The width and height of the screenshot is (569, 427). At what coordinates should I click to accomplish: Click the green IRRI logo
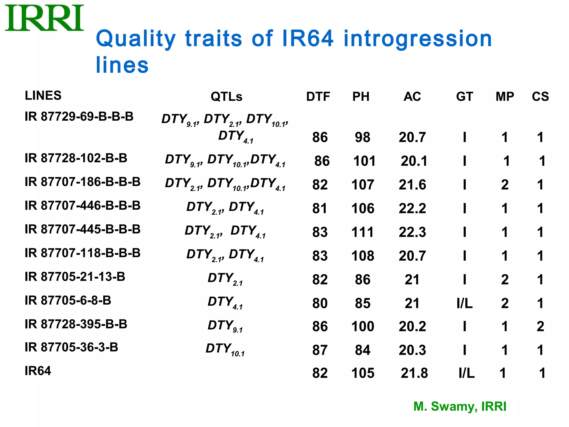[x=44, y=18]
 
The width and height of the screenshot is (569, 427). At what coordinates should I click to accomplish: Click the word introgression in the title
[x=418, y=39]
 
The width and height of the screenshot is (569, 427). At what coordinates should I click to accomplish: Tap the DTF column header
[x=318, y=97]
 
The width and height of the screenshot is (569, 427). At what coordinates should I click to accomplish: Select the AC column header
[x=412, y=97]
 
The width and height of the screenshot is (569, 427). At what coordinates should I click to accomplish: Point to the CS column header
[x=540, y=97]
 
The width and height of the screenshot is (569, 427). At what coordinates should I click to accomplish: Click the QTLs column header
[x=226, y=97]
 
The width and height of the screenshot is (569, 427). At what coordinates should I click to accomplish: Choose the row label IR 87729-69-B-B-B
[x=79, y=116]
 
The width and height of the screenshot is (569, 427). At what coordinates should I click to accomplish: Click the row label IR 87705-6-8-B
[x=68, y=301]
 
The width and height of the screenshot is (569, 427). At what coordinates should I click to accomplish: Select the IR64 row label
[x=38, y=371]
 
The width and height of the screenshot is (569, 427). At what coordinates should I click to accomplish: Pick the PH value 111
[x=363, y=232]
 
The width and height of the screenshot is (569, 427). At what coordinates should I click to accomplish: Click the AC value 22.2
[x=412, y=208]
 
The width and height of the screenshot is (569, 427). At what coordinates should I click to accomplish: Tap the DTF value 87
[x=320, y=350]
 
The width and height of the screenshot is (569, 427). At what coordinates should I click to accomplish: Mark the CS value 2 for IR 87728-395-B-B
[x=540, y=326]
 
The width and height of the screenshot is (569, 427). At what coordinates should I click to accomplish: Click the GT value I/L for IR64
[x=466, y=373]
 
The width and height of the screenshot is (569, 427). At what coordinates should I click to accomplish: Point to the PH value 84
[x=363, y=350]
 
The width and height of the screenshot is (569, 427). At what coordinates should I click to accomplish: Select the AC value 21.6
[x=412, y=185]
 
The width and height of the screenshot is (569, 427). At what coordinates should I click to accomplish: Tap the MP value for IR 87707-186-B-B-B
[x=505, y=185]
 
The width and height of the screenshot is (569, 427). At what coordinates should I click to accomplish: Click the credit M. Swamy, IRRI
[x=460, y=406]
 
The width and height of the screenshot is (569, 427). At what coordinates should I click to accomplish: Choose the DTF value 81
[x=320, y=208]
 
